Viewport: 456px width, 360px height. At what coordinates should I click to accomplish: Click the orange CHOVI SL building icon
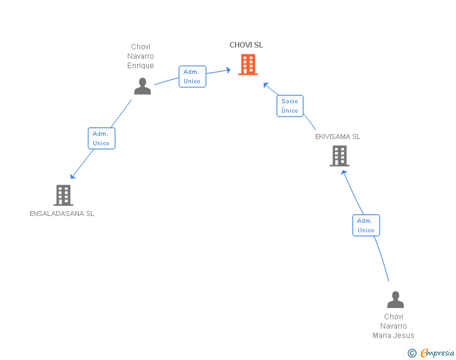(x=248, y=64)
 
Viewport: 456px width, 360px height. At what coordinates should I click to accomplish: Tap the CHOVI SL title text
(x=246, y=45)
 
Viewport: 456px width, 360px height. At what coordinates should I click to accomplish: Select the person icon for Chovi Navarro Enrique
(x=142, y=86)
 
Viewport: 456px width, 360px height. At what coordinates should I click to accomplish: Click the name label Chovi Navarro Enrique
(x=140, y=56)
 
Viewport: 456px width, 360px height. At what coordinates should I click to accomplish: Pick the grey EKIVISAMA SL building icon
(x=339, y=156)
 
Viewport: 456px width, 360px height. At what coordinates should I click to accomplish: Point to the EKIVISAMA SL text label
(x=338, y=136)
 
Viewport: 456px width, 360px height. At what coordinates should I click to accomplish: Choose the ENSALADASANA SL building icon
(x=63, y=195)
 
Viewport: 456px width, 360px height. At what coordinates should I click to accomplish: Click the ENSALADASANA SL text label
(x=62, y=213)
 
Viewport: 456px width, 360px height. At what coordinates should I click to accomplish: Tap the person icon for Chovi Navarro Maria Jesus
(x=395, y=300)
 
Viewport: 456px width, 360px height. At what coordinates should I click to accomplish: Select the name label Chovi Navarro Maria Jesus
(x=393, y=326)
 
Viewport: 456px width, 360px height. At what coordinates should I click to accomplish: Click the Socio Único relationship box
(x=290, y=106)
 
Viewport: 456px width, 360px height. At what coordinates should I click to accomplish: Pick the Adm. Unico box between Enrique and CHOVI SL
(x=192, y=76)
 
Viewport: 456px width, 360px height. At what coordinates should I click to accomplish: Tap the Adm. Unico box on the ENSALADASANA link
(x=101, y=138)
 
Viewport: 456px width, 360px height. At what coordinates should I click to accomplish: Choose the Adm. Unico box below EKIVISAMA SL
(x=366, y=225)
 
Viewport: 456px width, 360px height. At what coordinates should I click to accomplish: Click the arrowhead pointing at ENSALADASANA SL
(x=73, y=176)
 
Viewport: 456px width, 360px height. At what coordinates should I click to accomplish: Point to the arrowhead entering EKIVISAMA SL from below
(x=343, y=172)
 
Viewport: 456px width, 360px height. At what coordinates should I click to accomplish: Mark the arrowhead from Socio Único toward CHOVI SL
(x=266, y=85)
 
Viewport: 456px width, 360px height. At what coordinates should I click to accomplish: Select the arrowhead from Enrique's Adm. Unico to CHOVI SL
(x=228, y=70)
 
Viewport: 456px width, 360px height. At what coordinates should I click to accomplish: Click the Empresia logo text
(x=438, y=353)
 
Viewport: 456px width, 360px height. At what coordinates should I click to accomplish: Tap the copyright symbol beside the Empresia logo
(x=412, y=353)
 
